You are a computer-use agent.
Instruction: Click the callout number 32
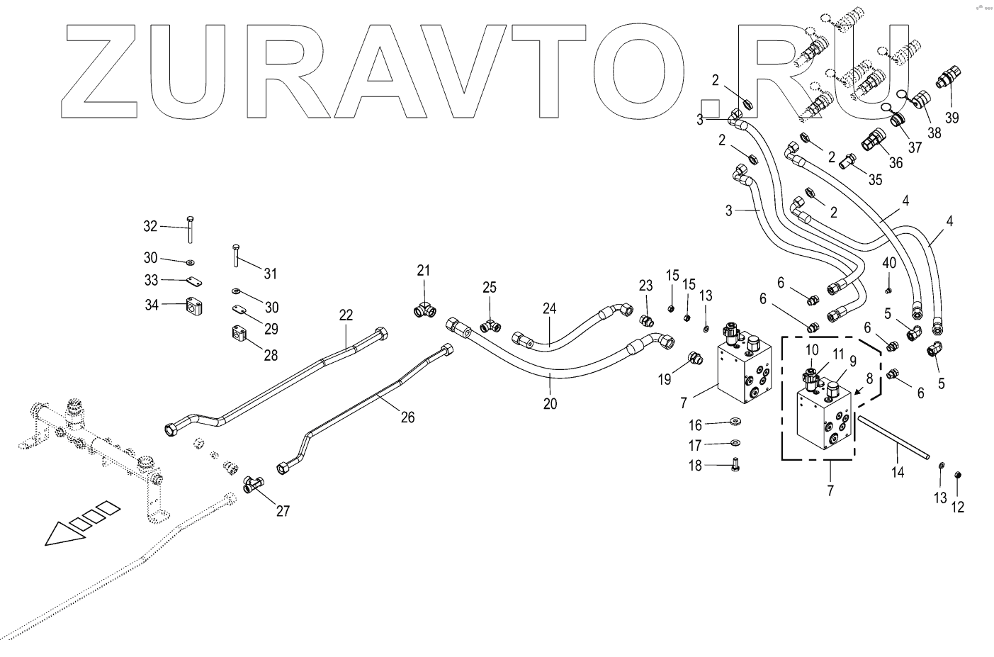[x=150, y=226]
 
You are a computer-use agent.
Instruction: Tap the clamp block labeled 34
[x=195, y=305]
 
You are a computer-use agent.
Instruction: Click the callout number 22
[x=346, y=315]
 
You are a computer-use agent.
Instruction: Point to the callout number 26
[x=407, y=417]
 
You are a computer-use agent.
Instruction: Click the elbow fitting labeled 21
[x=424, y=308]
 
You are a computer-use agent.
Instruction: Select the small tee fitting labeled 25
[x=489, y=325]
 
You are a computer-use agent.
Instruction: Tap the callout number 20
[x=550, y=404]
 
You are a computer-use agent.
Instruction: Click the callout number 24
[x=550, y=308]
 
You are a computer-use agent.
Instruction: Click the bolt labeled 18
[x=735, y=465]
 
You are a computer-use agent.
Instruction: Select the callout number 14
[x=898, y=472]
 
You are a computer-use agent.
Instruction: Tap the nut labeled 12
[x=958, y=474]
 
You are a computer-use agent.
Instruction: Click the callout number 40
[x=889, y=263]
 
